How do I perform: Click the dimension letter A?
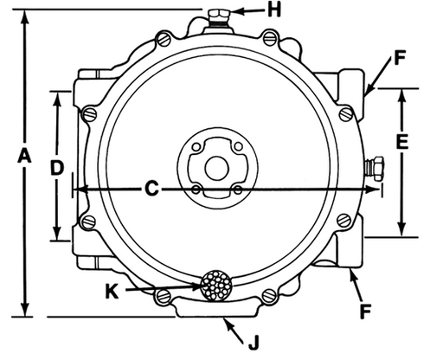point(24,155)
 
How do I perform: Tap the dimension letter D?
point(56,167)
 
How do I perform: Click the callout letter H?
point(273,10)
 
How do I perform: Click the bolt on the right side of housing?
point(378,165)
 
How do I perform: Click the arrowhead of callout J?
point(224,321)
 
